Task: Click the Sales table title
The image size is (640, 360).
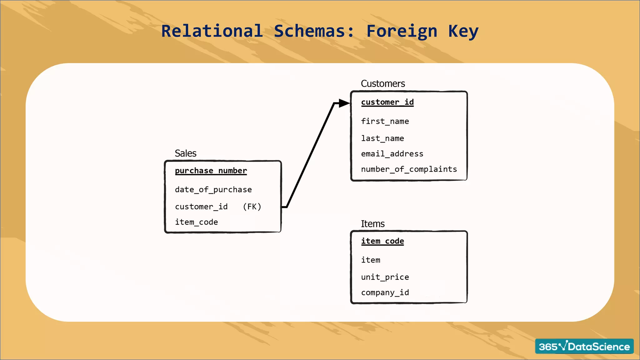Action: click(185, 153)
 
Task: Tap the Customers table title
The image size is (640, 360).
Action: click(382, 84)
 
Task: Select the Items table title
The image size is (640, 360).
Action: click(372, 224)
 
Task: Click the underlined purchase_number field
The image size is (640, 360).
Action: click(211, 171)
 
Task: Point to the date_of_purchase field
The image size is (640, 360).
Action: click(213, 190)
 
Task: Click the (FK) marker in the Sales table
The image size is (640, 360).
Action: click(252, 207)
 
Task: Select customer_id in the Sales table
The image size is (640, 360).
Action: click(201, 207)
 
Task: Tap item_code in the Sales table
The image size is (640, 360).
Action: click(196, 222)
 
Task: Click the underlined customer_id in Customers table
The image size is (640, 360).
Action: click(387, 102)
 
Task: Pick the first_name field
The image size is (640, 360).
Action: click(385, 121)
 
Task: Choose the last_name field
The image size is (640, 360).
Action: click(382, 138)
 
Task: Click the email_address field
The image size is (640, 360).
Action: click(392, 154)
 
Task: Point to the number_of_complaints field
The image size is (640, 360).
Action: click(409, 169)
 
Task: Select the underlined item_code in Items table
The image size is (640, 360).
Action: click(382, 241)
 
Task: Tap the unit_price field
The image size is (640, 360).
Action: click(385, 277)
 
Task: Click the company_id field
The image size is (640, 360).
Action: click(385, 292)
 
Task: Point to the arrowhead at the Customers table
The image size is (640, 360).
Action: click(344, 103)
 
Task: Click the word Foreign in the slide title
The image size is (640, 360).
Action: click(401, 31)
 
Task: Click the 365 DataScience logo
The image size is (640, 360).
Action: click(584, 346)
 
